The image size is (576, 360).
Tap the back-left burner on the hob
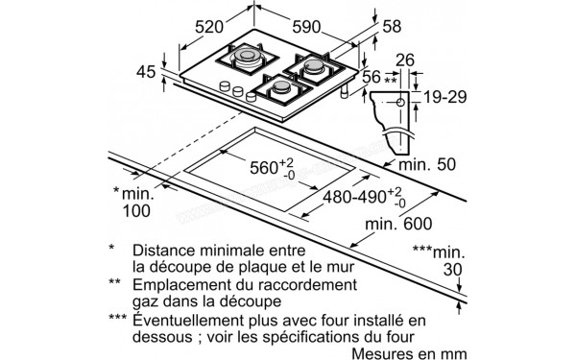(244, 57)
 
